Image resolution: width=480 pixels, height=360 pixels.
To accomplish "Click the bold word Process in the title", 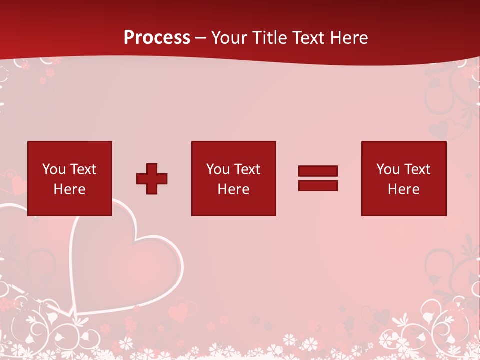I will tap(157, 38).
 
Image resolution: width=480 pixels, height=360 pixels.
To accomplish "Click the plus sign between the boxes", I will tap(152, 179).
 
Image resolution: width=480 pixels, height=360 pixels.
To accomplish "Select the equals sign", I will tap(318, 178).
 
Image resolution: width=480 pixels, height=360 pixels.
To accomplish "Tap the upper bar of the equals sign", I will tap(318, 171).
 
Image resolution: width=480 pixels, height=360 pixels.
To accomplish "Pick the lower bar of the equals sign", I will tap(318, 185).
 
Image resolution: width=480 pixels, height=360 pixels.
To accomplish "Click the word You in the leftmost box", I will tap(54, 169).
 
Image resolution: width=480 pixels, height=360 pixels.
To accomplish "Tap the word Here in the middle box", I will tap(233, 189).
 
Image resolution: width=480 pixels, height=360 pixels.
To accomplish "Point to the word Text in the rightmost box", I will tap(417, 169).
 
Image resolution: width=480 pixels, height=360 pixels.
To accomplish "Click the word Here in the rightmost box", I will tap(403, 189).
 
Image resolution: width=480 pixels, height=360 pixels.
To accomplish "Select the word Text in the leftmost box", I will tap(83, 169).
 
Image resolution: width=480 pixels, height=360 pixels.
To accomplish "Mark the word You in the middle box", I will tap(218, 169).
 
